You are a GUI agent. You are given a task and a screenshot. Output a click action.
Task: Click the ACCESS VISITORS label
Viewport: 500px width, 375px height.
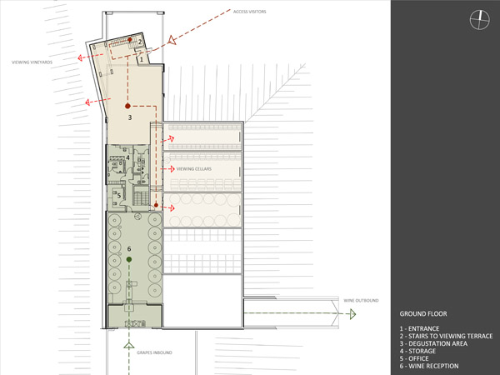pos(249,12)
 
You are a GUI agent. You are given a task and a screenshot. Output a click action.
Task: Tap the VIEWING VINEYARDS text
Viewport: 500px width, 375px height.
pos(32,62)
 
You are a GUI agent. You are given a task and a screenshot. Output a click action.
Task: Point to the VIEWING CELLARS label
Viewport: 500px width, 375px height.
pos(194,169)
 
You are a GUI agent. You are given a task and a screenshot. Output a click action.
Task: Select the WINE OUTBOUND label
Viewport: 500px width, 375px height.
pos(361,300)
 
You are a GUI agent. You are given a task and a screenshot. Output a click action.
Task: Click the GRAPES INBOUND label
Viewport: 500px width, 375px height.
pos(154,352)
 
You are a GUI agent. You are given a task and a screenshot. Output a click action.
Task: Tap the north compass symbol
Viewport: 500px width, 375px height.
pos(480,20)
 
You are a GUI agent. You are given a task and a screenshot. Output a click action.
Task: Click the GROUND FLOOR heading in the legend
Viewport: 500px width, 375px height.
pos(423,314)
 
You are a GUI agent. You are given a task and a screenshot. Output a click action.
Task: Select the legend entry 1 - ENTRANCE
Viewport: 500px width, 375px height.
pos(419,328)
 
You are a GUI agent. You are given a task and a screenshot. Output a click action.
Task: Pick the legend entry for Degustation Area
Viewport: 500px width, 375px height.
pos(433,343)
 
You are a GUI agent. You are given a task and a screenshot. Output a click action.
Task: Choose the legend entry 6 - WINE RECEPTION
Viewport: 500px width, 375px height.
pos(429,366)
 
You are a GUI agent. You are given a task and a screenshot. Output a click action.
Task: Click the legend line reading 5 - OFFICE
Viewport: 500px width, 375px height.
pos(414,358)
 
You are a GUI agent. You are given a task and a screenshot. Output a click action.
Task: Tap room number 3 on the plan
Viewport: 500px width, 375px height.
pos(130,117)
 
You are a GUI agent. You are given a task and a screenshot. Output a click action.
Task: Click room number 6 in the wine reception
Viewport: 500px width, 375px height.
pos(129,248)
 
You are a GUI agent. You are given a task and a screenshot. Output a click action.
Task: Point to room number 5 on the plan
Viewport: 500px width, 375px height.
pos(119,196)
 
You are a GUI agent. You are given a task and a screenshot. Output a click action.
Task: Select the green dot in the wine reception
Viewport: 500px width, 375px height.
pos(129,259)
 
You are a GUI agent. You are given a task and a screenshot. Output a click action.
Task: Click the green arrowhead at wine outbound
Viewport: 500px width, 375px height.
pos(352,314)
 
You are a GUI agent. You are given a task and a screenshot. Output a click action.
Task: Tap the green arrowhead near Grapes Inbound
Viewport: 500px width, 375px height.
pos(129,345)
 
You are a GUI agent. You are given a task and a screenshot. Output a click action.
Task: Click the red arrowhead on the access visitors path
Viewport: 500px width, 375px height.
pos(172,40)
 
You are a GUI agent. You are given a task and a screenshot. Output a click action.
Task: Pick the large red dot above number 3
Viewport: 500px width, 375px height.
pos(127,106)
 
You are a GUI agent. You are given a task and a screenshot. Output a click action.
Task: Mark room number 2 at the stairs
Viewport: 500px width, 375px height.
pos(140,42)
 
